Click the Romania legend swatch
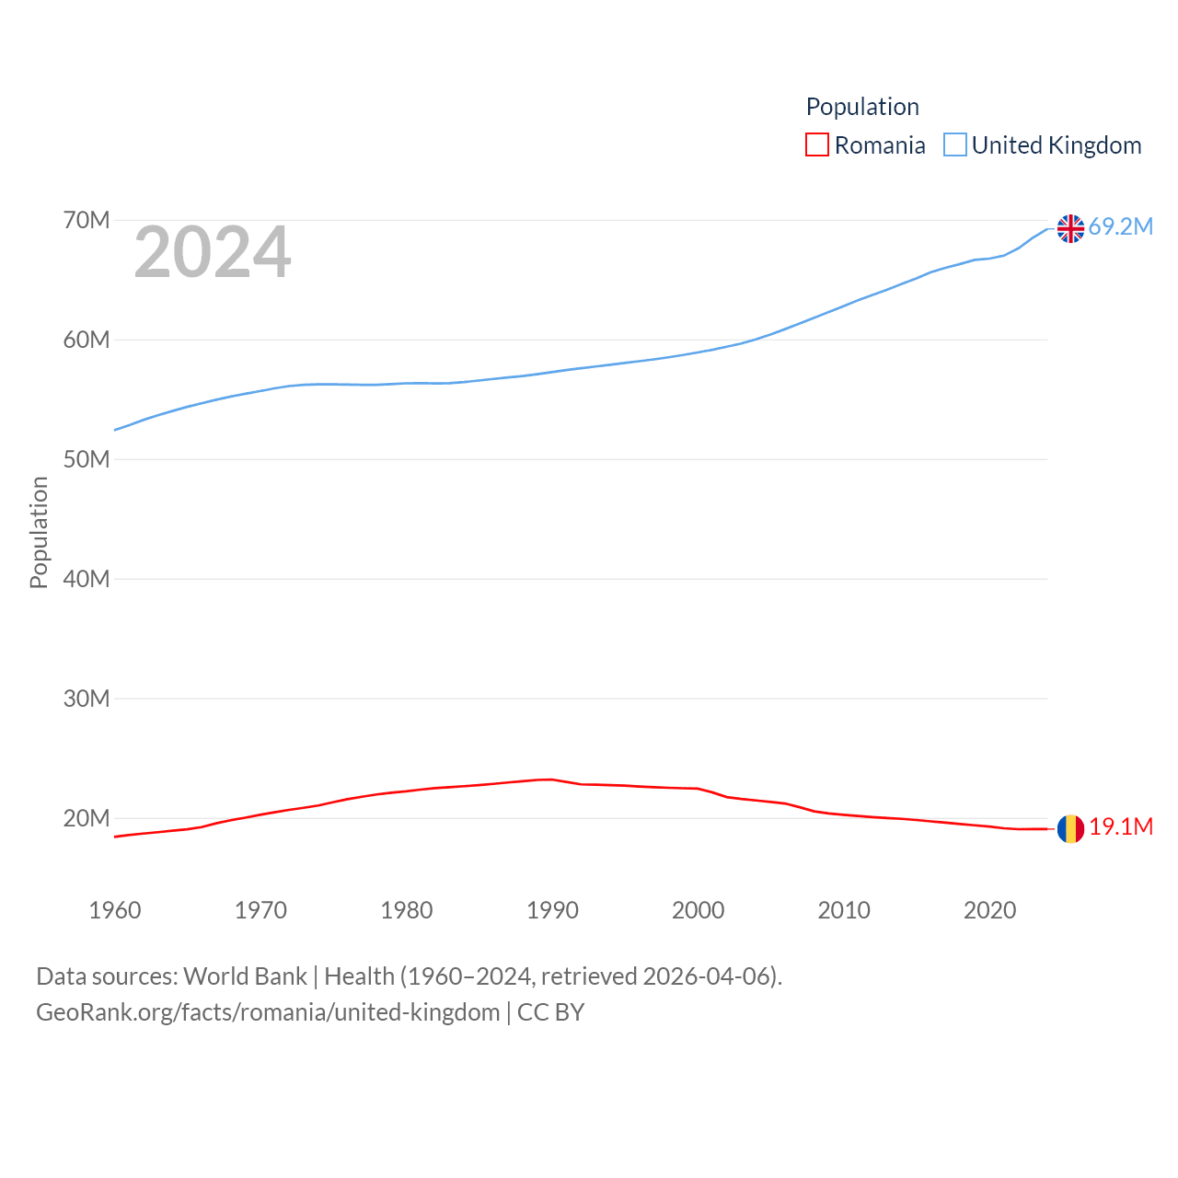tap(817, 145)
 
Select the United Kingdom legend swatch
tap(955, 145)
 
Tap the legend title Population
tap(862, 107)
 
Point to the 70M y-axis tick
tap(87, 221)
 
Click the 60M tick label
tap(87, 341)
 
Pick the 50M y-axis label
tap(87, 460)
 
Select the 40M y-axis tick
tap(87, 580)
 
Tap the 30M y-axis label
tap(87, 699)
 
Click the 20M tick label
tap(87, 819)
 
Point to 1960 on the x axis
tap(115, 911)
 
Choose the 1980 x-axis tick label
tap(407, 911)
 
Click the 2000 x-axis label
tap(699, 911)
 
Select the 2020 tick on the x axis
tap(990, 911)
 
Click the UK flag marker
tap(1070, 228)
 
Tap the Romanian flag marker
tap(1070, 828)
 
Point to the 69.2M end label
tap(1120, 227)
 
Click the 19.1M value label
tap(1120, 827)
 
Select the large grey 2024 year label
tap(213, 253)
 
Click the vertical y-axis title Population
tap(39, 532)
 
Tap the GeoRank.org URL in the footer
tap(268, 1012)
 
